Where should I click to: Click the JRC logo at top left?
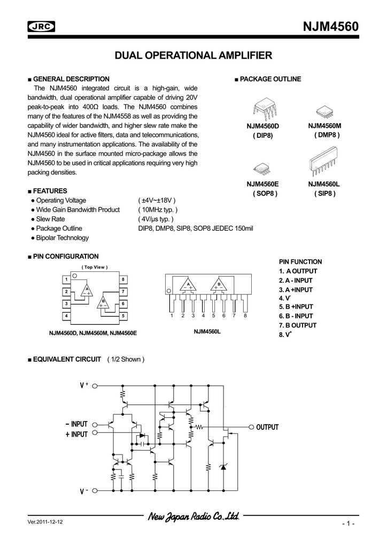pos(42,27)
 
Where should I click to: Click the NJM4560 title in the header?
pos(330,26)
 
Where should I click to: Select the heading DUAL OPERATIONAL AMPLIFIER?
pos(194,55)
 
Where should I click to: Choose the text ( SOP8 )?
pos(265,193)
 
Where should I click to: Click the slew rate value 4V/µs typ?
pos(156,219)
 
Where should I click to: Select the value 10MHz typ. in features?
pos(158,210)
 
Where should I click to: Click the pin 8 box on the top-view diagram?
pos(123,279)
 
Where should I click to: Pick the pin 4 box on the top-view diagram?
pos(66,316)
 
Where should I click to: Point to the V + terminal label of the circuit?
pos(84,385)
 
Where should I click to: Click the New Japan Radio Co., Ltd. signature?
pos(193,517)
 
